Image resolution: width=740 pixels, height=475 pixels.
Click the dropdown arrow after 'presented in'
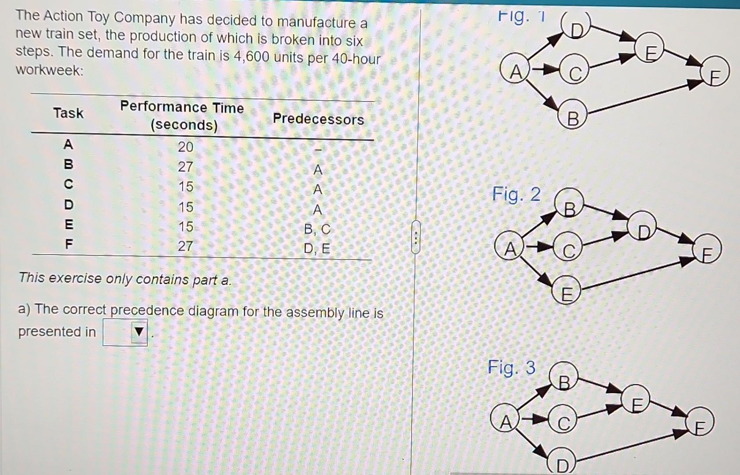[139, 332]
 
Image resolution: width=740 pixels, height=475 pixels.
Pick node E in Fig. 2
[567, 292]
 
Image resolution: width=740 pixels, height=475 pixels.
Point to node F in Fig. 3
[699, 424]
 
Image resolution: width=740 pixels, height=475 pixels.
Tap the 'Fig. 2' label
[516, 194]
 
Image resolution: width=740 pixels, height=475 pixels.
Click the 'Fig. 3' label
[512, 368]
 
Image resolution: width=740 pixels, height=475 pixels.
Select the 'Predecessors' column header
[318, 119]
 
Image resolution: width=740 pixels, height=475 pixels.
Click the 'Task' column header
[68, 113]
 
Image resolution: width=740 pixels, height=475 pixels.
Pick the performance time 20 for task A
[185, 146]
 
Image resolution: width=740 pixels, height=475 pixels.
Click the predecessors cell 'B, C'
[317, 229]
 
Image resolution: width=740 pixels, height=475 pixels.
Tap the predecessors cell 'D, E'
[317, 249]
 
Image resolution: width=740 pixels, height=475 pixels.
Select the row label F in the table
[69, 244]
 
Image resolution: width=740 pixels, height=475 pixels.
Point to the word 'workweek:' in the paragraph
[50, 70]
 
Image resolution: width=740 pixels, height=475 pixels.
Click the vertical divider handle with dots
[416, 237]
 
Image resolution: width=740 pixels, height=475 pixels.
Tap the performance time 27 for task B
[185, 167]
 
